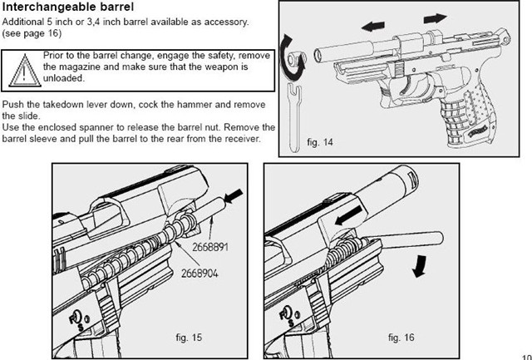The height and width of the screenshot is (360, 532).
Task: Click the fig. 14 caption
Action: click(x=319, y=143)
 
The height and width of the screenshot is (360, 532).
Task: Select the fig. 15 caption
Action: click(x=177, y=338)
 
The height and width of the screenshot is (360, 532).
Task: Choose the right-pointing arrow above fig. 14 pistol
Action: click(x=431, y=17)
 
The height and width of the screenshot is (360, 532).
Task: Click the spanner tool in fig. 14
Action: click(x=294, y=116)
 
